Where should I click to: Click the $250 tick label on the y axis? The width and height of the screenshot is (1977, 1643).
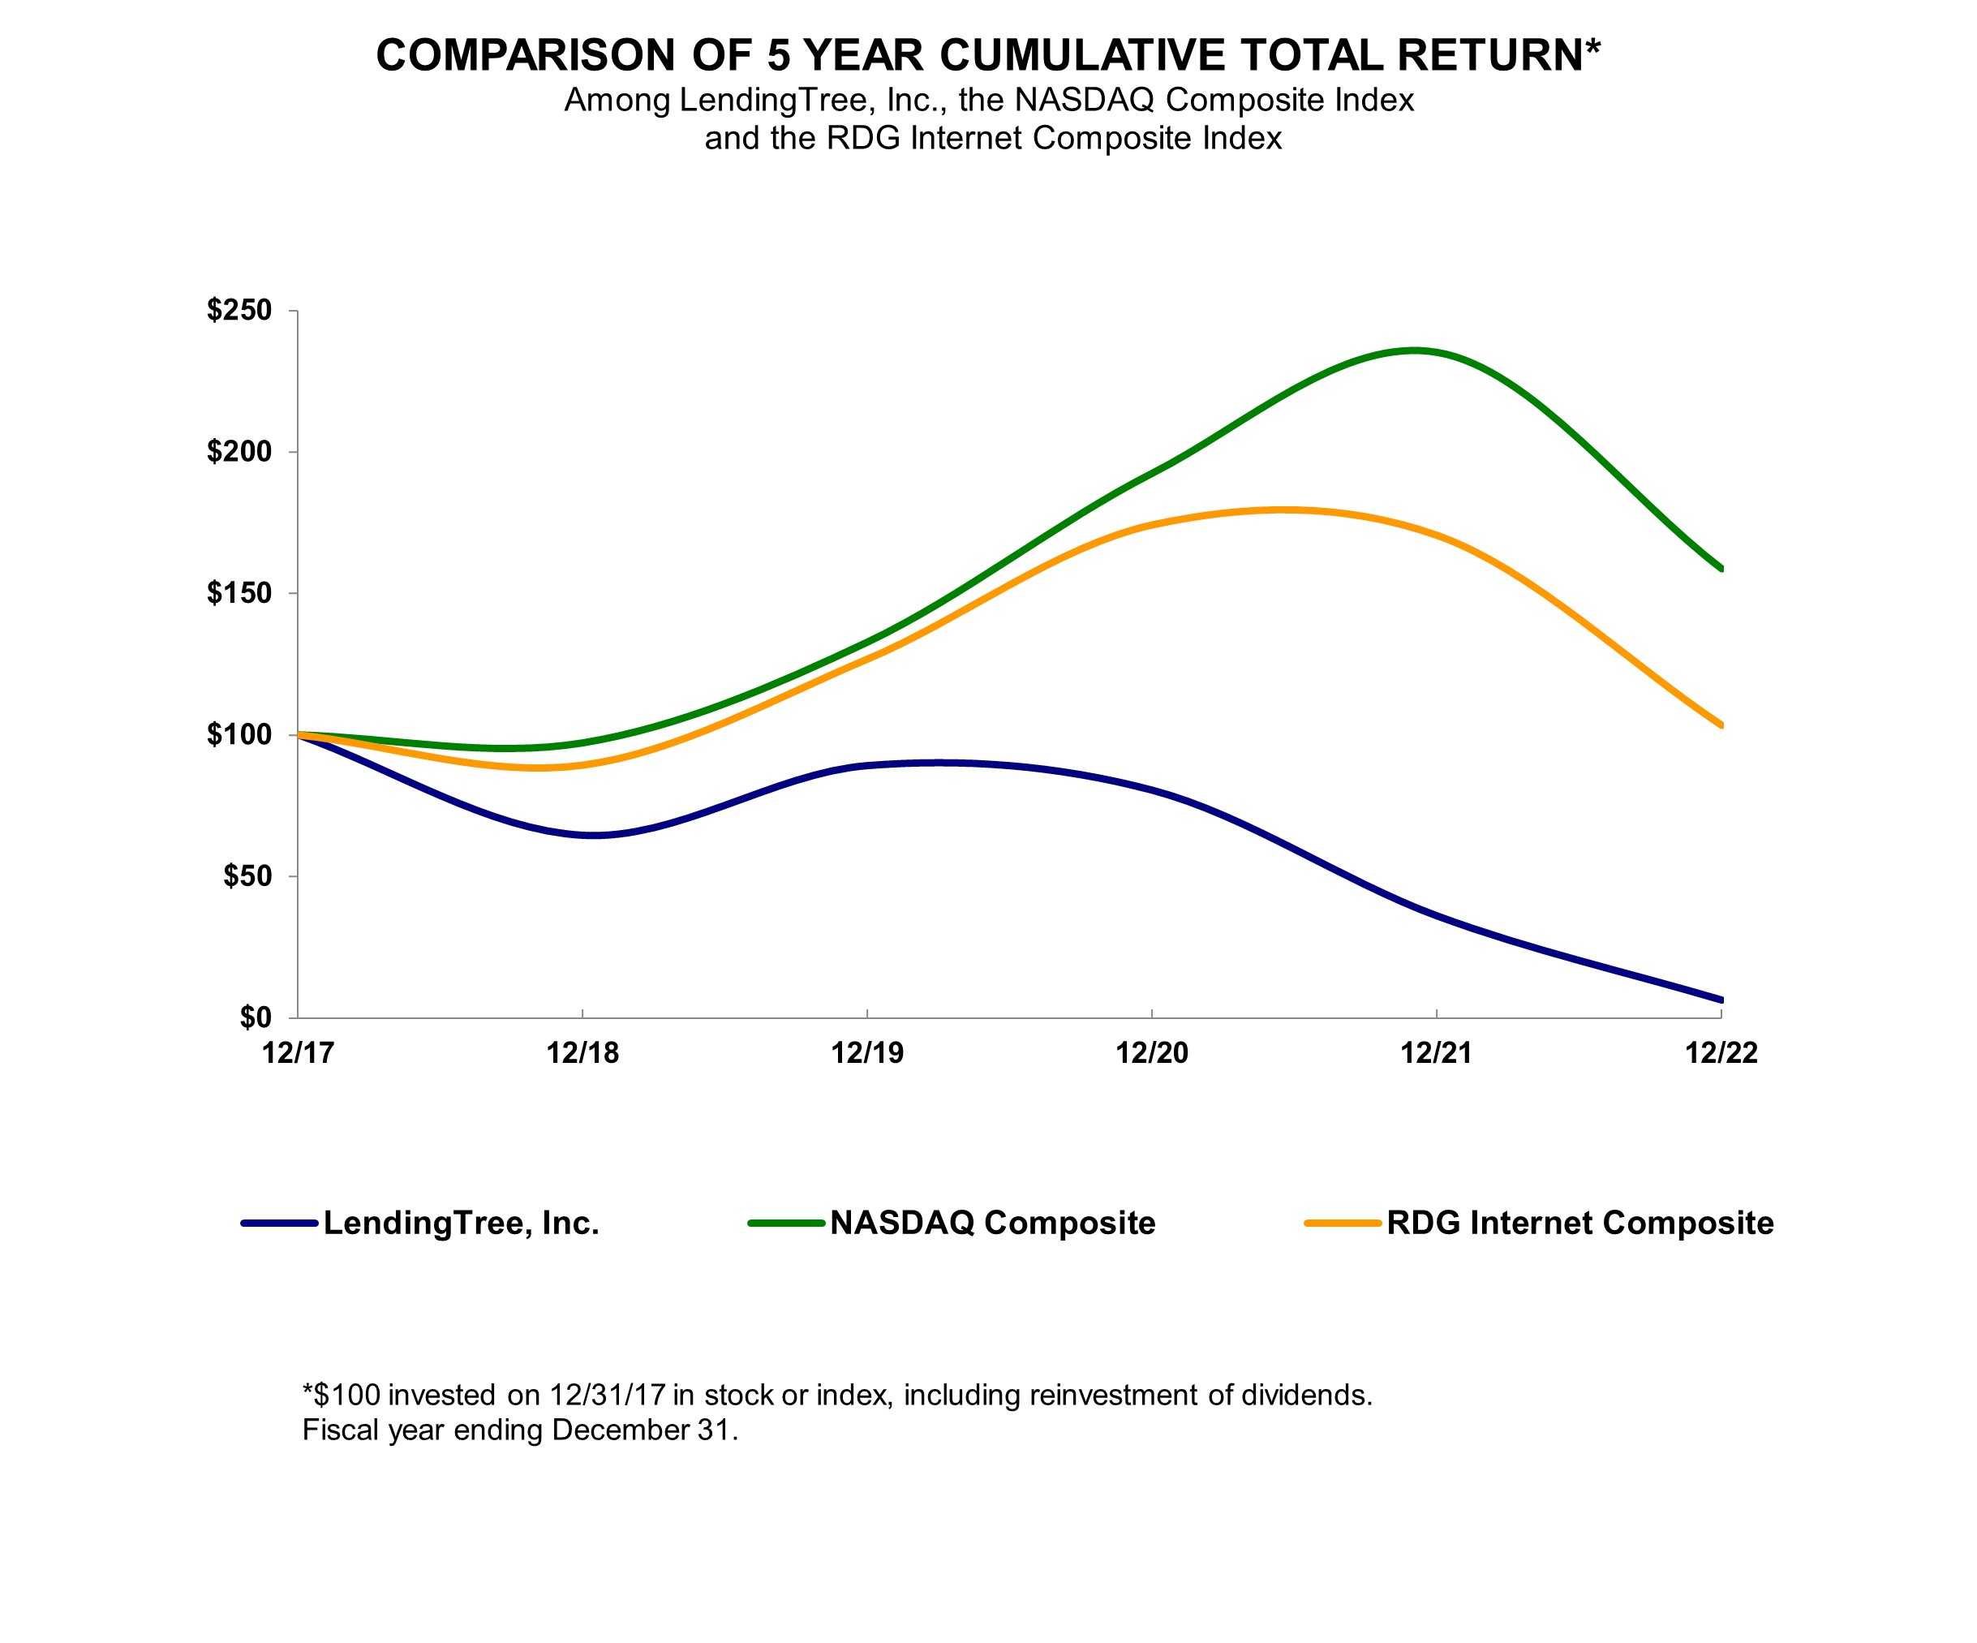pos(239,310)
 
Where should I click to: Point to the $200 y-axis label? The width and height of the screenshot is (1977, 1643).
pos(239,452)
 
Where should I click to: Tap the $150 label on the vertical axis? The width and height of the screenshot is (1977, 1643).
pos(239,593)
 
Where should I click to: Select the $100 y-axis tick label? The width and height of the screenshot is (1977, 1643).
pos(239,734)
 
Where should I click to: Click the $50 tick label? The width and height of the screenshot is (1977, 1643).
pos(247,876)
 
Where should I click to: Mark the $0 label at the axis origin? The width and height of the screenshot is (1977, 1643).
pos(255,1017)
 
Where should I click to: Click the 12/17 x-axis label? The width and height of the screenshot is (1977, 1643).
pos(299,1052)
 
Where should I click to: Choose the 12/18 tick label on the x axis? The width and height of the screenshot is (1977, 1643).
pos(582,1052)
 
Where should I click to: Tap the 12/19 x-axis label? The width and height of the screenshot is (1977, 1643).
pos(867,1052)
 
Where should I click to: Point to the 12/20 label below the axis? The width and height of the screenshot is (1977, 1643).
pos(1151,1052)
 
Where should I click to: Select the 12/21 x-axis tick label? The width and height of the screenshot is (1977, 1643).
pos(1436,1052)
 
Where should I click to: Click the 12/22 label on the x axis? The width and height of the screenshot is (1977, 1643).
pos(1721,1052)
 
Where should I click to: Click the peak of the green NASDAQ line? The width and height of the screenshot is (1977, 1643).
pos(1414,351)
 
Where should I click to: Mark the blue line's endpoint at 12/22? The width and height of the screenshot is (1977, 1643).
pos(1720,1000)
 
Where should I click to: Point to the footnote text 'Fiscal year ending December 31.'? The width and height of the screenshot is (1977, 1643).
pos(520,1430)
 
